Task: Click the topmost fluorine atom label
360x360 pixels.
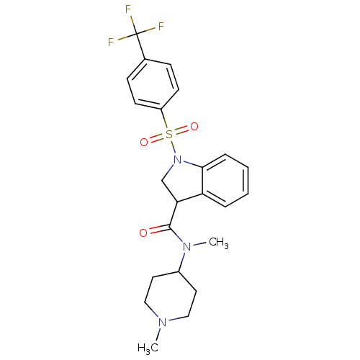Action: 128,9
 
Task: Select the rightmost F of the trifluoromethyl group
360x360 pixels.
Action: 161,26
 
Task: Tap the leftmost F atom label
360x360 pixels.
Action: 111,42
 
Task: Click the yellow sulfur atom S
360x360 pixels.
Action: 169,135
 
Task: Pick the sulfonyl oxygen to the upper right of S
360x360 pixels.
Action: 194,127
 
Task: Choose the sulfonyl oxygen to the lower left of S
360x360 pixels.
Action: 144,143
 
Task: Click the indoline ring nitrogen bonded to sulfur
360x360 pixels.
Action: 178,159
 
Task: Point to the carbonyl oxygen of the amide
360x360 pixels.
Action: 143,233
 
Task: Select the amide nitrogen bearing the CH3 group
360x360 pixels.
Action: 186,246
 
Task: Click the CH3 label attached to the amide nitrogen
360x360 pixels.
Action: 219,243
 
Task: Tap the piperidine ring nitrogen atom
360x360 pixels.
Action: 163,323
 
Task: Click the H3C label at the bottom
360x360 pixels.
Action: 148,348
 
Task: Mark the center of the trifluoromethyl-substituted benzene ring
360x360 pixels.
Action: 153,84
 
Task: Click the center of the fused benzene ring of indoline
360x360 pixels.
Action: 225,181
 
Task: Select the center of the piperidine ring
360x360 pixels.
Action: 171,297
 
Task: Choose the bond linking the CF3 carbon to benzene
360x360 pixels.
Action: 140,46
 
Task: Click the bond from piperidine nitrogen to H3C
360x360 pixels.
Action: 158,334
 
